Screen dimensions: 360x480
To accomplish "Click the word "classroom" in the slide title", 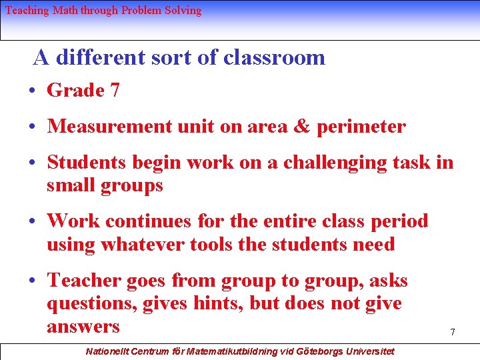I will [x=274, y=58].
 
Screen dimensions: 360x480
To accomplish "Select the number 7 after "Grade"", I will [x=115, y=91].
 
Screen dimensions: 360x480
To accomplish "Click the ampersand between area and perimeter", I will [x=301, y=127].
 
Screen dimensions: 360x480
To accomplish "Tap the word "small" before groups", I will [x=70, y=185].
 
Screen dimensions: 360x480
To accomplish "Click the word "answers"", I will [x=83, y=327].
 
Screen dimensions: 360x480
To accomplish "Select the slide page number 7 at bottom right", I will [x=452, y=332].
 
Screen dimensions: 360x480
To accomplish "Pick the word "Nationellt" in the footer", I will [x=109, y=351].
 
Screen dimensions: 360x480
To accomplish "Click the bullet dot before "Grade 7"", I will [x=33, y=91].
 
